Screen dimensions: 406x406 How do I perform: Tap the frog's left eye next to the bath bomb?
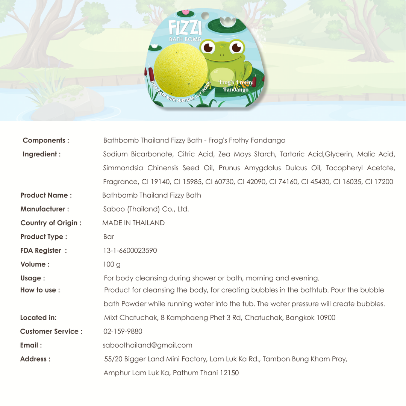(x=208, y=47)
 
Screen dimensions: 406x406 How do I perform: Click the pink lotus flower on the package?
(x=185, y=13)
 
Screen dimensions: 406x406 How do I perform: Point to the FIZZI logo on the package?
(x=185, y=28)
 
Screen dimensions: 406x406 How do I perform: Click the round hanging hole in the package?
(x=205, y=16)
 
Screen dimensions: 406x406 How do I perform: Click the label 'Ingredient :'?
(x=42, y=154)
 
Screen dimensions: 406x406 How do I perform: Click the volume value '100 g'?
(x=112, y=264)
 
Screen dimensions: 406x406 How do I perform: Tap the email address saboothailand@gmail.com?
(x=148, y=345)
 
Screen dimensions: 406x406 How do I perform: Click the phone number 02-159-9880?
(x=123, y=332)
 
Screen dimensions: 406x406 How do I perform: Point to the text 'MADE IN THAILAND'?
(x=133, y=223)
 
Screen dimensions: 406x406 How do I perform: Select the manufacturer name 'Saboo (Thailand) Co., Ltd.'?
(x=146, y=209)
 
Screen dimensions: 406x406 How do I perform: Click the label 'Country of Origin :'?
(x=51, y=223)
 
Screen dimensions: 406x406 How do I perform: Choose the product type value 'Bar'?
(x=109, y=237)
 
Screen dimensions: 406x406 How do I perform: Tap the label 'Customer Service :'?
(x=51, y=332)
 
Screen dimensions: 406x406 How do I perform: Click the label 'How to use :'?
(x=40, y=290)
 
